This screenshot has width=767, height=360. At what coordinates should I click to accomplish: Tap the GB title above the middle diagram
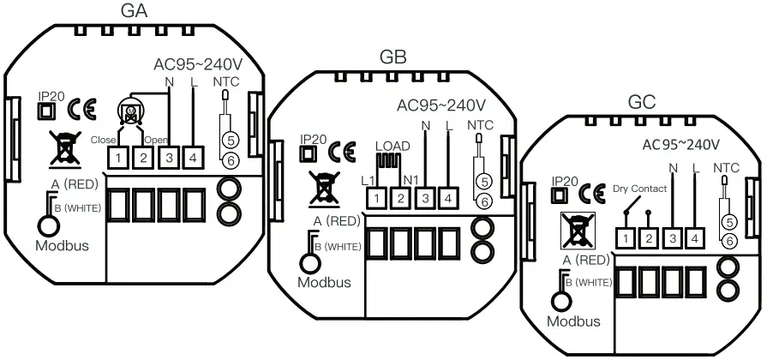[x=392, y=57]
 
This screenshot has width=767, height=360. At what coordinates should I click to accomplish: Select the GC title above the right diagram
[x=642, y=101]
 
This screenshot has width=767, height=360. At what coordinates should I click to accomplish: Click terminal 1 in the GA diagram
[x=117, y=158]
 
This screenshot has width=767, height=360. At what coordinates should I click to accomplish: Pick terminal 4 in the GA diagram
[x=193, y=158]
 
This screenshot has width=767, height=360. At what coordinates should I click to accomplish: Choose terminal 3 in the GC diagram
[x=674, y=237]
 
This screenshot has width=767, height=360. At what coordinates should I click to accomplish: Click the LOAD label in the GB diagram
[x=392, y=147]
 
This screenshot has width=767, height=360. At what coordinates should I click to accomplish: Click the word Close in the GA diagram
[x=103, y=139]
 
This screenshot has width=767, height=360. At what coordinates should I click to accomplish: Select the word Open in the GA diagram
[x=157, y=139]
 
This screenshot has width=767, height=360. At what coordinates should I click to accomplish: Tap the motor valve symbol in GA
[x=131, y=114]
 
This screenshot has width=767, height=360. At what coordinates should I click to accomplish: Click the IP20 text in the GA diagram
[x=51, y=96]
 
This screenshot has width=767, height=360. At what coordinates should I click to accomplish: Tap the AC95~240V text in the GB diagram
[x=442, y=106]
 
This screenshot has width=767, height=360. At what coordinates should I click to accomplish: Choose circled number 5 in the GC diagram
[x=730, y=221]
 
